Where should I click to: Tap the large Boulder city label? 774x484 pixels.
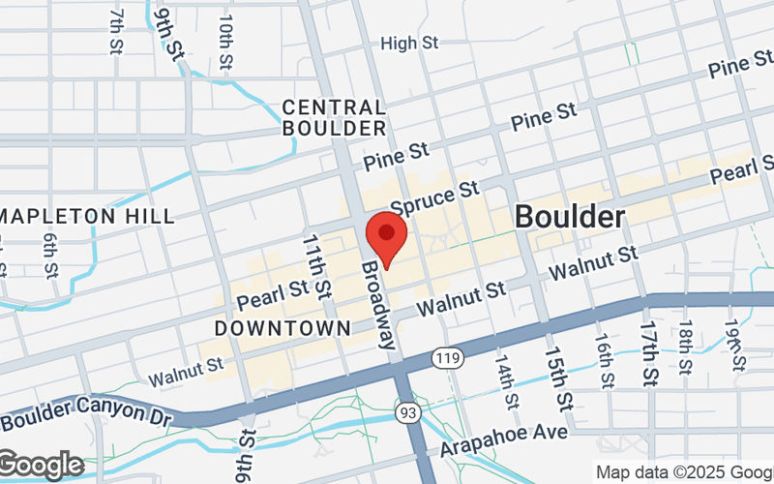coord(569,217)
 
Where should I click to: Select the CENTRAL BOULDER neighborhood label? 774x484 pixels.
coord(334,117)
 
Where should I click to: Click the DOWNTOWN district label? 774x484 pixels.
coord(283,329)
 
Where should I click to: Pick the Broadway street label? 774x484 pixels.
coord(378,304)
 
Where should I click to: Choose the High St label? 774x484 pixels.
coord(410,43)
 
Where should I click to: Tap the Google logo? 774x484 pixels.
coord(41,466)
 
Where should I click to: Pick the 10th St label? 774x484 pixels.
coord(225,42)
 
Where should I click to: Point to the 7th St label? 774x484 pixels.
coord(116,32)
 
